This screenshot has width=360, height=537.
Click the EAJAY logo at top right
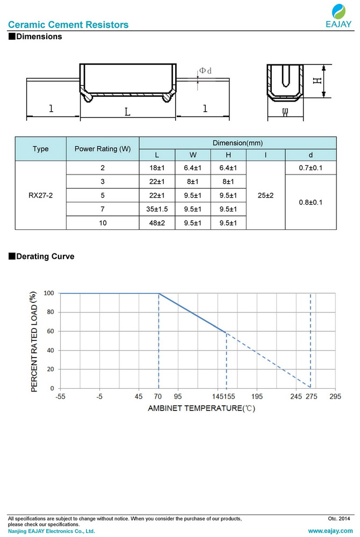click(x=338, y=16)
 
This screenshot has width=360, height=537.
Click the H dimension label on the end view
click(x=317, y=81)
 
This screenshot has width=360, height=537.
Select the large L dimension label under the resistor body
click(x=127, y=112)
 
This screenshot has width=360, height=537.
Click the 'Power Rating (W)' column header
click(x=102, y=149)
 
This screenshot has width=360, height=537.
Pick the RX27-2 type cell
click(x=40, y=195)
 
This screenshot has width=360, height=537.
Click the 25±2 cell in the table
click(x=265, y=195)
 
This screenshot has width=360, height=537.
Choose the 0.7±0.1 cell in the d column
click(x=310, y=168)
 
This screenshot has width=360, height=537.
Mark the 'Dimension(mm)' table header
click(x=237, y=143)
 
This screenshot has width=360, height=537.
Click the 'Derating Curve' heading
click(x=45, y=257)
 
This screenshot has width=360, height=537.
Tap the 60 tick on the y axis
click(x=50, y=331)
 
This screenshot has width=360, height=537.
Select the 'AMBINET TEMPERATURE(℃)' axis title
click(x=201, y=408)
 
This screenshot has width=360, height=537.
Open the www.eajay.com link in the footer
click(x=330, y=531)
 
